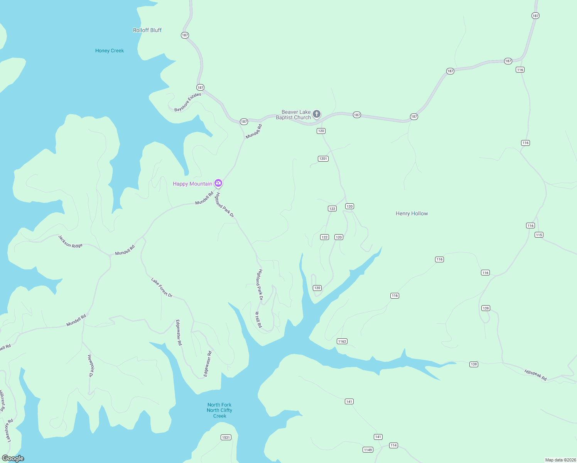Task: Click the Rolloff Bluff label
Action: coord(147,30)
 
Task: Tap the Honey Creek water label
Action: coord(110,51)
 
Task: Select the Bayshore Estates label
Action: coord(188,102)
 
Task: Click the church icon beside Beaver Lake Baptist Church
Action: coord(317,114)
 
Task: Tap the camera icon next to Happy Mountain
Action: coord(218,183)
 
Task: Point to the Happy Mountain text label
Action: coord(192,184)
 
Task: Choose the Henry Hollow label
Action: coord(412,213)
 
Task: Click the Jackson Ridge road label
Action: coord(70,242)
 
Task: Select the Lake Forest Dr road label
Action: coord(162,287)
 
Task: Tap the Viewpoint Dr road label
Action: coord(91,366)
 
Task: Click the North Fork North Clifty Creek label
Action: coord(219,410)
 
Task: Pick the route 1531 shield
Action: coord(226,437)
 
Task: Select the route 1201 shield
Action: coord(323,159)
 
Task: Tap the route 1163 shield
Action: coord(342,341)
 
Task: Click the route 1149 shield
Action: coord(368,449)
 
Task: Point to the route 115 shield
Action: coord(539,235)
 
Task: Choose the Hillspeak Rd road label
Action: coord(535,375)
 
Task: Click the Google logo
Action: coord(13,458)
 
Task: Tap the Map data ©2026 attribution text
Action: coord(560,460)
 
